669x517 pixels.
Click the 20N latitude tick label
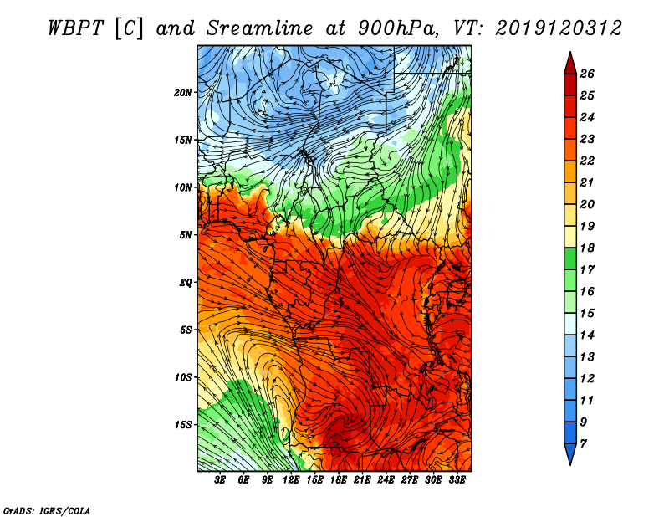tap(183, 92)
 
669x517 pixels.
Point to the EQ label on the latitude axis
tap(186, 282)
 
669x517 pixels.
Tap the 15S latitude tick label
tap(183, 424)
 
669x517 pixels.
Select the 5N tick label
tap(186, 234)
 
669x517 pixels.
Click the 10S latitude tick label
tap(183, 377)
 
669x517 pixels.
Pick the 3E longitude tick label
tap(221, 481)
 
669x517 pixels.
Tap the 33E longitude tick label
tap(457, 481)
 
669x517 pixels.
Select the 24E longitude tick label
tap(386, 481)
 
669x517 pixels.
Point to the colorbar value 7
tap(584, 443)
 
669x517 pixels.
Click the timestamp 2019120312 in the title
tap(558, 28)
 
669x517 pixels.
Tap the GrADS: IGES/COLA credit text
tap(47, 509)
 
